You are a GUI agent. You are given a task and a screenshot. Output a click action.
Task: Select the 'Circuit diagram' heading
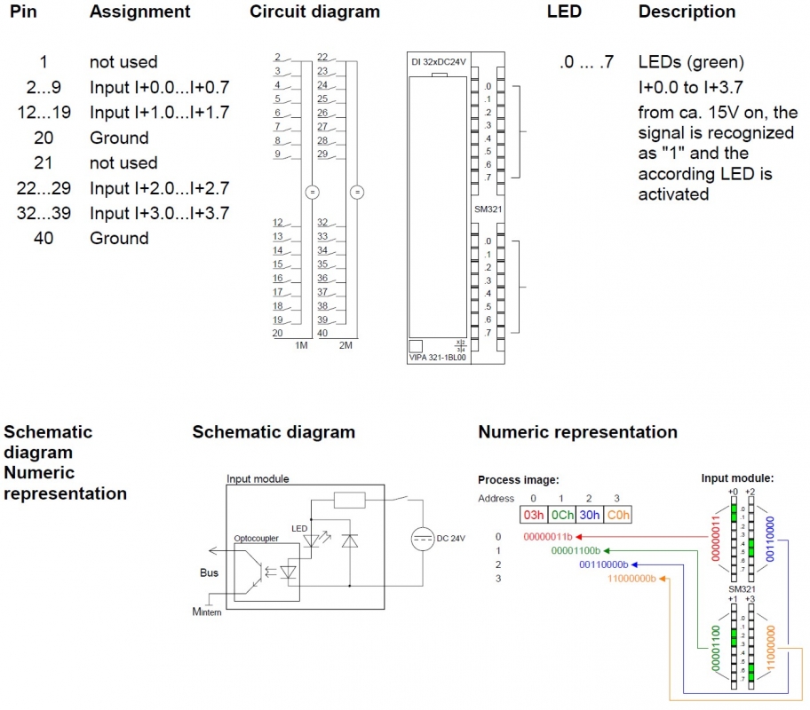pos(314,12)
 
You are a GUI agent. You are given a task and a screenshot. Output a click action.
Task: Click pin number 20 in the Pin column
pos(43,138)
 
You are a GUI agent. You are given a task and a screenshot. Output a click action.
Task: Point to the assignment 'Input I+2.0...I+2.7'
pos(159,188)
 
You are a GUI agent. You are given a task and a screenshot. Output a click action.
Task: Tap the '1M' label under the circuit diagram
pos(301,344)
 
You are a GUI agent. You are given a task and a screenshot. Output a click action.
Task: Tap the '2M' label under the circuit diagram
pos(345,344)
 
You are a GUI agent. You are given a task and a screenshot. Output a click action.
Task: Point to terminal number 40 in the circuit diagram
pos(323,333)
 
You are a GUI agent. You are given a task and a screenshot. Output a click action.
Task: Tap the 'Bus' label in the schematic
pos(210,572)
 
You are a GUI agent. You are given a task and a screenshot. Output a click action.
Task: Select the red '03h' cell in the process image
pos(534,514)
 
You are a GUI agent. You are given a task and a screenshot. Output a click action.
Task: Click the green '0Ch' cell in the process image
pos(562,514)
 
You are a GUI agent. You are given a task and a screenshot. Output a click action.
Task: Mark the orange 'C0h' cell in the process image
pos(619,514)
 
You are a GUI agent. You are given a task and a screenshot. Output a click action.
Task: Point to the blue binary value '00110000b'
pos(603,564)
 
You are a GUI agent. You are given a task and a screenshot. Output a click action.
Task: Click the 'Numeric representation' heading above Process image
pos(577,432)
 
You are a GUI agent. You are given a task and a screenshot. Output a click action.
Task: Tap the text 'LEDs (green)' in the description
pos(691,62)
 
